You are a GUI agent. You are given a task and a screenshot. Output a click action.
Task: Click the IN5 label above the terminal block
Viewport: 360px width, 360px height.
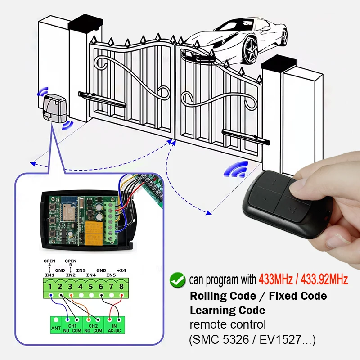pyautogui.click(x=111, y=274)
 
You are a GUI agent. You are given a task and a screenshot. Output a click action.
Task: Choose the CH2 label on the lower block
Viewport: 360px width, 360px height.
pyautogui.click(x=93, y=325)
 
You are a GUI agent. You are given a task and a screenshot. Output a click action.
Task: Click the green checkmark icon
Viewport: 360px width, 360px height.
pyautogui.click(x=176, y=280)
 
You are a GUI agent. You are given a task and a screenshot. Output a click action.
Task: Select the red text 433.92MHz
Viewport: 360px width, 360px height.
pyautogui.click(x=323, y=280)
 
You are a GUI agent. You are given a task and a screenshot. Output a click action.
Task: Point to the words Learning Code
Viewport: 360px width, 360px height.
pyautogui.click(x=227, y=310)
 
